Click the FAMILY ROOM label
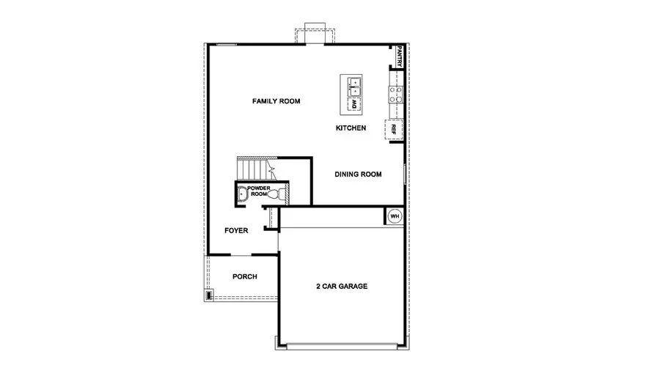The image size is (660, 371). (x=276, y=101)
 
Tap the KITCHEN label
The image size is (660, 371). (x=351, y=128)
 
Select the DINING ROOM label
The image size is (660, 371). (x=359, y=175)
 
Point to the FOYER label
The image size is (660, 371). (x=236, y=231)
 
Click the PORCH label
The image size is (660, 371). (x=244, y=276)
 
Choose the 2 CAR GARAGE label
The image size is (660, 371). (x=342, y=286)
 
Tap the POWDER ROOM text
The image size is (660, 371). (x=258, y=191)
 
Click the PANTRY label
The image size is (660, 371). (x=400, y=56)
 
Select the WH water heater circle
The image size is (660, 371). (x=395, y=216)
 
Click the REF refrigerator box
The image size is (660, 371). (x=395, y=129)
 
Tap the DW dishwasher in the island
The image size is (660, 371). (x=352, y=105)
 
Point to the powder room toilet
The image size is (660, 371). (x=279, y=195)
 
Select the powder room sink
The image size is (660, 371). (x=242, y=194)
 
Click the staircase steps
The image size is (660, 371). (x=254, y=170)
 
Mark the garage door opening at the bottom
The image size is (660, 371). (x=342, y=344)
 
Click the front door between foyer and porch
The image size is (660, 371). (x=241, y=254)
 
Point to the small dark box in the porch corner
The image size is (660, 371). (x=209, y=295)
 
